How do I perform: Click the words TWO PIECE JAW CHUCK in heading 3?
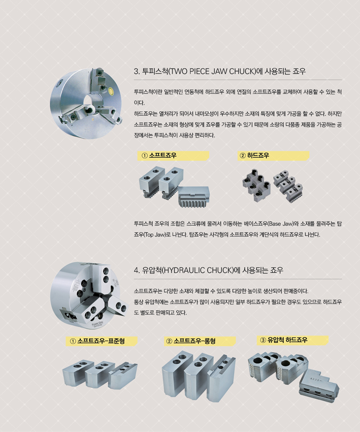coord(212,72)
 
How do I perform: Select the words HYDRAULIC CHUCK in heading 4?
coord(197,270)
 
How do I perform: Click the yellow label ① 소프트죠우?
coord(173,156)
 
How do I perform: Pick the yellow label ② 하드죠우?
coord(273,156)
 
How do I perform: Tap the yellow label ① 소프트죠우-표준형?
coord(102,341)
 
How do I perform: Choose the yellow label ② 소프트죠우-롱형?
coord(201,341)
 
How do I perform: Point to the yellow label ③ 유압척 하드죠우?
coord(293,340)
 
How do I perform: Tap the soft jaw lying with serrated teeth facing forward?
coord(193,197)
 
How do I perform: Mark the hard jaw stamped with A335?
coord(319,384)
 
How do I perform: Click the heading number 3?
coord(137,72)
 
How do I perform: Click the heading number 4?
coord(137,271)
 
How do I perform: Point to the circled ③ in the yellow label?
coord(263,340)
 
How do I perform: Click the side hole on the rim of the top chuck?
coord(59,82)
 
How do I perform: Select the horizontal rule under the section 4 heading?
coord(238,279)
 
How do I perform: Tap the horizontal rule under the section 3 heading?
coord(238,80)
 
